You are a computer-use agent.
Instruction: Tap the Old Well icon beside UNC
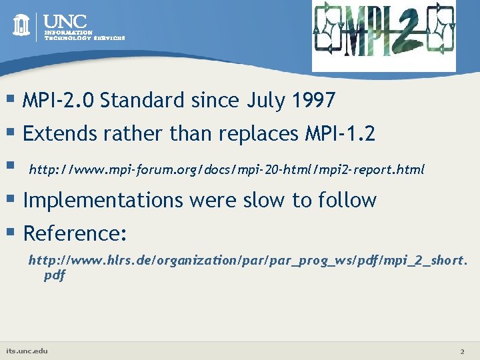point(22,25)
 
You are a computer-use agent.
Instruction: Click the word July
point(266,101)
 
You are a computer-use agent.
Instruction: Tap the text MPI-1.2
point(339,134)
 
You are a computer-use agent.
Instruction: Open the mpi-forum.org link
point(227,169)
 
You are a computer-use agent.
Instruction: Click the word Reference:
point(75,233)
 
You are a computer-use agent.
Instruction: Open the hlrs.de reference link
point(247,261)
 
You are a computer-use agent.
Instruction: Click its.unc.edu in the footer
point(27,350)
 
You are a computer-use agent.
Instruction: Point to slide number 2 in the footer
point(461,351)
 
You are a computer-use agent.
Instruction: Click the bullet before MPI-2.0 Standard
point(11,100)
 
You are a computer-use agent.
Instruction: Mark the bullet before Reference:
point(11,233)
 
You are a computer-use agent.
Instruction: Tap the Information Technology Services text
point(84,35)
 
